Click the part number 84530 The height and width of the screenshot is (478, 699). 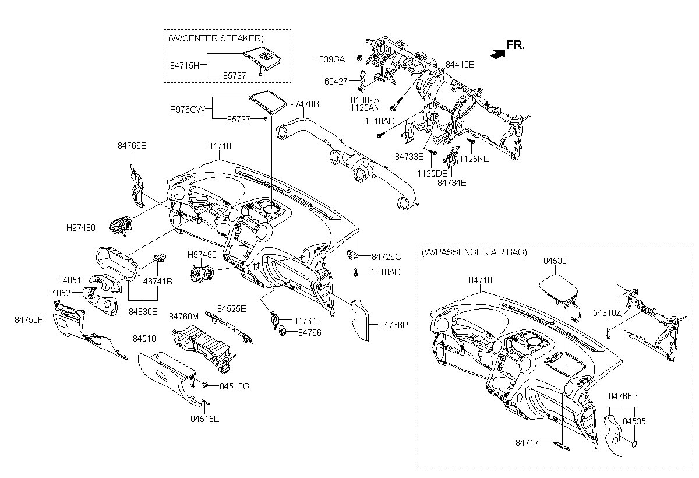tap(555, 262)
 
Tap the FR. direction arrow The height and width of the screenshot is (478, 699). tap(497, 54)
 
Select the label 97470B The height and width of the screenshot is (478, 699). tap(305, 104)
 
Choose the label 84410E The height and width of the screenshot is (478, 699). tap(460, 64)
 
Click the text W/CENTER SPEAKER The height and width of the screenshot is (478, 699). tap(216, 38)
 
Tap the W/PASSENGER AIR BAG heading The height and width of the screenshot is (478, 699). tap(474, 252)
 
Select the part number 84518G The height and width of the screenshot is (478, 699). tap(234, 386)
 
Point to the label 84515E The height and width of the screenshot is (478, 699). tap(204, 418)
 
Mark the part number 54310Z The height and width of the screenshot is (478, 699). tap(606, 313)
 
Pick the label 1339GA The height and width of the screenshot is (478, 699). tap(330, 59)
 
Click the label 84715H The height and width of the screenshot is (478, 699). tap(185, 65)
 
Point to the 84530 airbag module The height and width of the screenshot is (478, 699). tap(558, 287)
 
